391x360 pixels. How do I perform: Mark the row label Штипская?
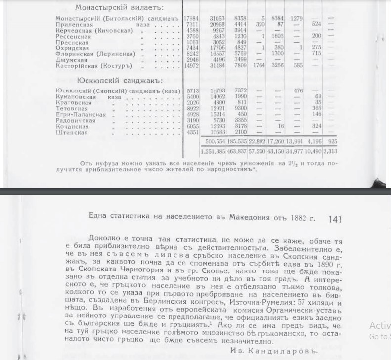(x=71, y=132)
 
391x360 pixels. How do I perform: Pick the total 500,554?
(x=211, y=141)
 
